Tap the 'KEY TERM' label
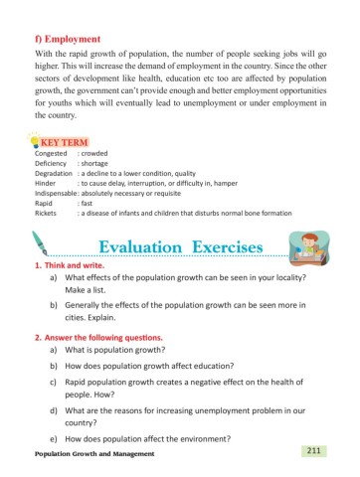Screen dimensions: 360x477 [x=62, y=143]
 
